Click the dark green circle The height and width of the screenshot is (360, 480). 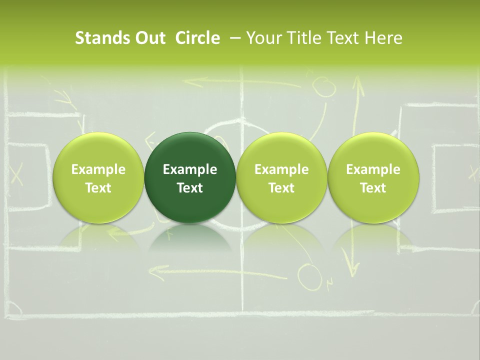coord(190,177)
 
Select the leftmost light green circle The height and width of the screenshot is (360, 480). coord(98,177)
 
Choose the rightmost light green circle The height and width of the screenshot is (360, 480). coord(373,177)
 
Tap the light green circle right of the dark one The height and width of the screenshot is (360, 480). coord(281,177)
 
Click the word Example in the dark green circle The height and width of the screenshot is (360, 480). coord(190,169)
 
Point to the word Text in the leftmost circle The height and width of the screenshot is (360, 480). coord(98,188)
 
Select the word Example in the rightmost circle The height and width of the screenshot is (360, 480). coord(373,169)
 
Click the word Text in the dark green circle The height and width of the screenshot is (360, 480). coord(190,188)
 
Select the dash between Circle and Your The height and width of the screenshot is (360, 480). coord(233,38)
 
